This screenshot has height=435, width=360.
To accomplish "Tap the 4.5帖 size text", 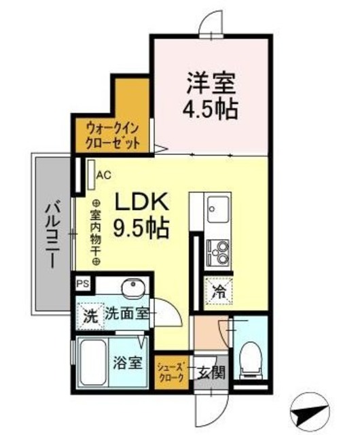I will (211, 109).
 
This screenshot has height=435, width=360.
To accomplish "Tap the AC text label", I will (103, 175).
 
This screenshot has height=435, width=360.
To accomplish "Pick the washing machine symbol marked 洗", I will (88, 315).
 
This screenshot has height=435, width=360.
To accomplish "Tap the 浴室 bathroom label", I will (127, 363).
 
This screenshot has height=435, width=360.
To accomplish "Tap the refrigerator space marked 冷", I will (219, 292).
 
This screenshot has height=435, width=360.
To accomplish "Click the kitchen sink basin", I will (219, 205).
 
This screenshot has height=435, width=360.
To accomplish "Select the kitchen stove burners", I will (219, 253).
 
